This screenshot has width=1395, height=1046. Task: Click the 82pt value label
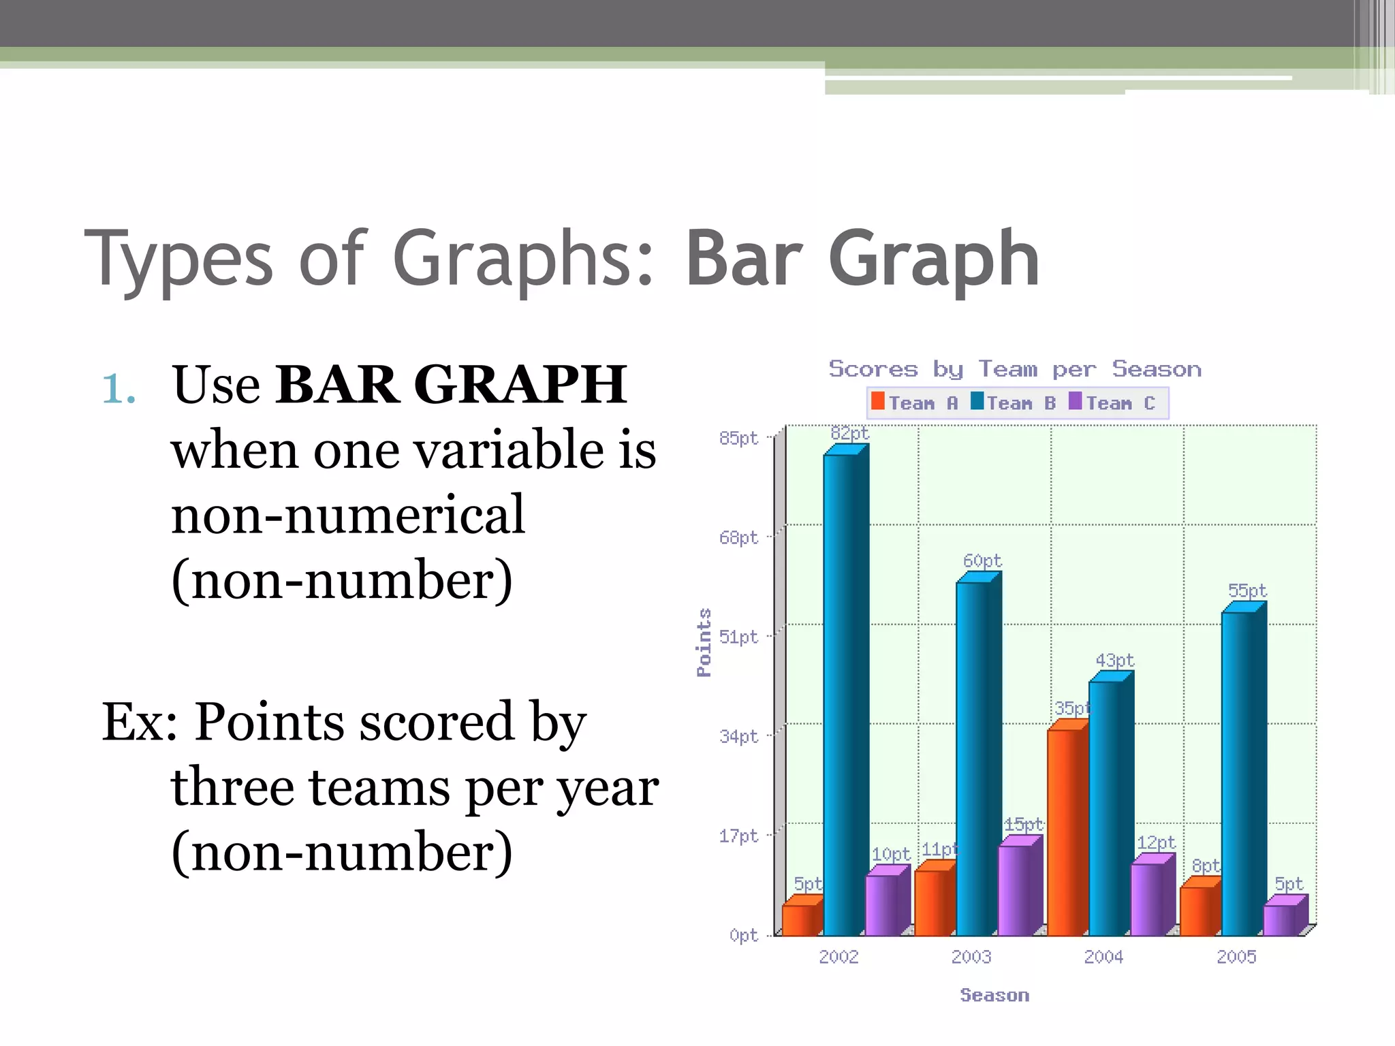pyautogui.click(x=849, y=433)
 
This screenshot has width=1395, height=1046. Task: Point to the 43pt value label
pyautogui.click(x=1114, y=661)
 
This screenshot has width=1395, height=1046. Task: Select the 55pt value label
pyautogui.click(x=1247, y=590)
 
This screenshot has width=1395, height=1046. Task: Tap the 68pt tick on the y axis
pyautogui.click(x=738, y=538)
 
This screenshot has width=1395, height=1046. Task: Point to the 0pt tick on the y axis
pyautogui.click(x=743, y=935)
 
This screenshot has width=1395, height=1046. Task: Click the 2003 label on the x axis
pyautogui.click(x=971, y=957)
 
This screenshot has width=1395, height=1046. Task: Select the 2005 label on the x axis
pyautogui.click(x=1236, y=957)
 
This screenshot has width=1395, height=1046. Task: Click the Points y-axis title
pyautogui.click(x=704, y=642)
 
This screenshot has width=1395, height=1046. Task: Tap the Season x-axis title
pyautogui.click(x=994, y=995)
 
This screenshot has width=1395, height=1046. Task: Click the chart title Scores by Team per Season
pyautogui.click(x=1015, y=369)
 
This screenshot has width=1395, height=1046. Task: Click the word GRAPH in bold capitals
pyautogui.click(x=520, y=385)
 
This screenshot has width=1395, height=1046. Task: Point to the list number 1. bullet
pyautogui.click(x=119, y=389)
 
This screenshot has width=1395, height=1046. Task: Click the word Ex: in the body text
pyautogui.click(x=140, y=722)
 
